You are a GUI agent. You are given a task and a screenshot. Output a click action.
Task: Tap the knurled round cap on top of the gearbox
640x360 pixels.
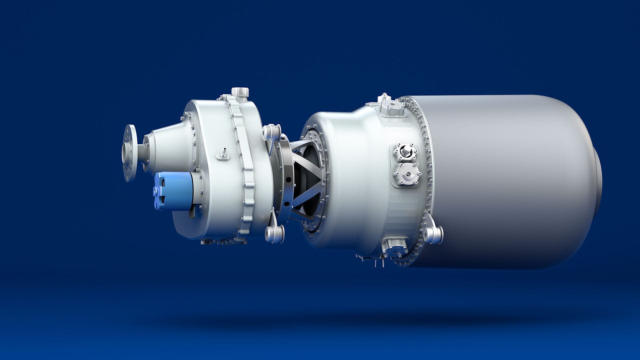click(x=240, y=92)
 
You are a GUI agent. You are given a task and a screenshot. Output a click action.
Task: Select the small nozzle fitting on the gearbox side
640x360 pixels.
click(x=223, y=154)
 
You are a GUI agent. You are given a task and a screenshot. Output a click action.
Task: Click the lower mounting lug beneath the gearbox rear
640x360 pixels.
click(x=275, y=233)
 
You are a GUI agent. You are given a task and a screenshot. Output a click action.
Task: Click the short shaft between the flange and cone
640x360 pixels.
click(x=141, y=153)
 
